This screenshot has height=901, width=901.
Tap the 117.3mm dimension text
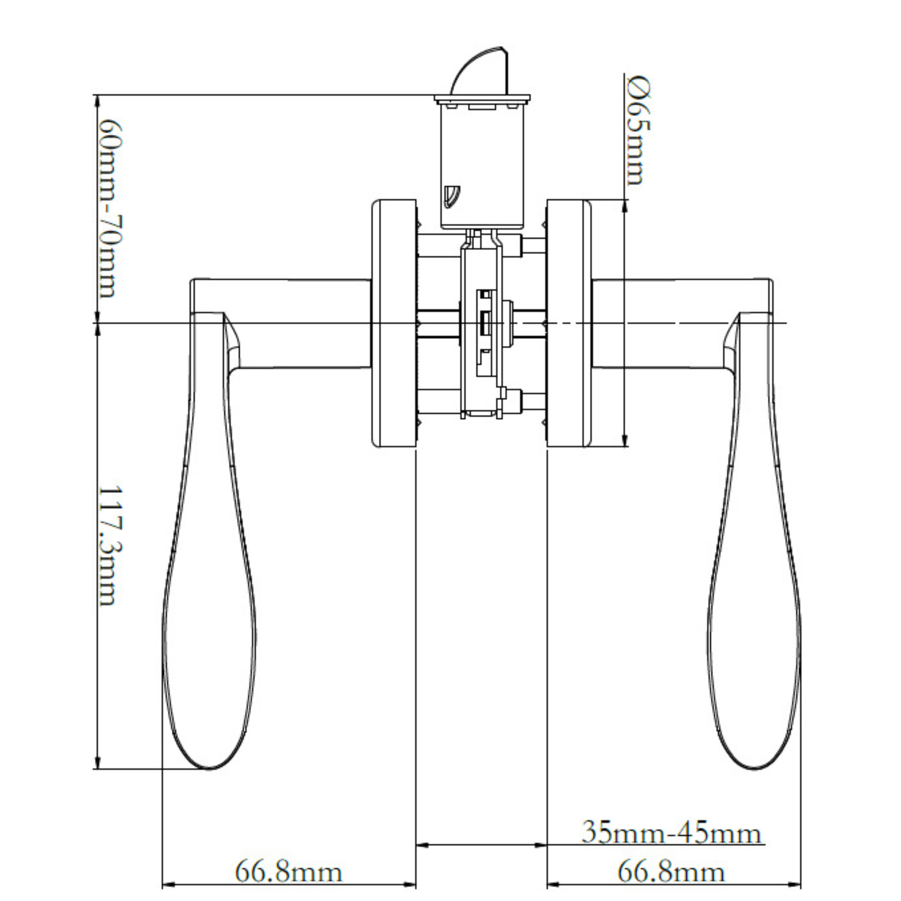coord(108,545)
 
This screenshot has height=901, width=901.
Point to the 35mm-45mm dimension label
coord(672,833)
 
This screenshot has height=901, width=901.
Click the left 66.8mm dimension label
coord(288,872)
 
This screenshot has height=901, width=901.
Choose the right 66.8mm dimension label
coord(671,872)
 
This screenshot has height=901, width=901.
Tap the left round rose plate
coord(394,323)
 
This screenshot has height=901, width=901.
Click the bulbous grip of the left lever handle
coord(210,601)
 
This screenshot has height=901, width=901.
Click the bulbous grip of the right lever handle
coord(754,601)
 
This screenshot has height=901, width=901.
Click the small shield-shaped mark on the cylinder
coord(450,196)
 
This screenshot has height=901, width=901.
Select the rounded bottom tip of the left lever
coord(210,768)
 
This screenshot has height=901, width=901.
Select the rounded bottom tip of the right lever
coord(754,768)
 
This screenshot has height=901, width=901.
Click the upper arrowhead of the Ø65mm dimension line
coord(625,206)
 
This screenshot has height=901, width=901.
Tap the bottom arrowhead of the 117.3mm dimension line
coord(96,762)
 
